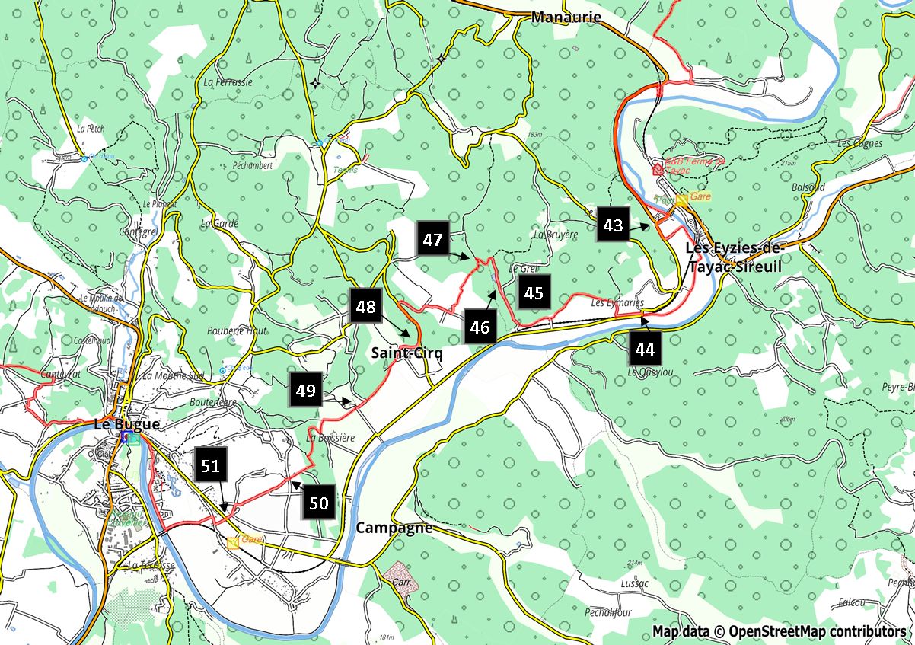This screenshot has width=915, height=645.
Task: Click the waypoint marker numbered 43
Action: click(614, 225)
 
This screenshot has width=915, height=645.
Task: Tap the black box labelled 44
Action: click(645, 350)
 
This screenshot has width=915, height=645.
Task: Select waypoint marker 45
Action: click(534, 292)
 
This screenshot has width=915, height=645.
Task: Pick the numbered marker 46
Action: click(480, 328)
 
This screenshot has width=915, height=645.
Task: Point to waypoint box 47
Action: click(433, 240)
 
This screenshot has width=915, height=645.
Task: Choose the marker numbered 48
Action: click(366, 307)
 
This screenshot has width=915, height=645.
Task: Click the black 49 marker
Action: click(305, 391)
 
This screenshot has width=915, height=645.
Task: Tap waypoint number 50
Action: click(319, 503)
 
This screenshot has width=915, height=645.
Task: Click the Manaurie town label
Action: click(566, 17)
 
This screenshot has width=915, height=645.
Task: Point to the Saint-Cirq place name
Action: click(406, 353)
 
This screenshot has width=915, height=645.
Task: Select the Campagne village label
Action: click(394, 528)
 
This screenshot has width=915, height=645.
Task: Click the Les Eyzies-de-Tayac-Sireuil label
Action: click(734, 254)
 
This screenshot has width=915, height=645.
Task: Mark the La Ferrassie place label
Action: click(228, 81)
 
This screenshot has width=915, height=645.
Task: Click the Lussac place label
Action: click(634, 583)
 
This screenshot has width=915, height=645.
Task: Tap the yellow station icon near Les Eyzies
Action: click(681, 200)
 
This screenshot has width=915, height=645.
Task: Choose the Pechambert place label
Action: click(252, 165)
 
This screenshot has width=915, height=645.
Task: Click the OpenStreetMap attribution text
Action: click(779, 631)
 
